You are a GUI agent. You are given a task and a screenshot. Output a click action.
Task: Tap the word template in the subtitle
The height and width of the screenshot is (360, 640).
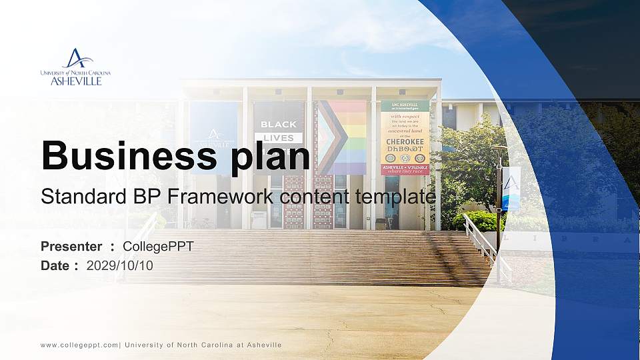click(x=395, y=197)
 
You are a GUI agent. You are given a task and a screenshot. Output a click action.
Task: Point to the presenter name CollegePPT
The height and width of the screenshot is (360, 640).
click(x=158, y=247)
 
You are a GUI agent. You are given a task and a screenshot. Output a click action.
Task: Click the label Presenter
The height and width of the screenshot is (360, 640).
click(x=71, y=247)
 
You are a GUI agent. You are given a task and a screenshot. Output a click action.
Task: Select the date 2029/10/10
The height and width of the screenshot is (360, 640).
click(x=120, y=265)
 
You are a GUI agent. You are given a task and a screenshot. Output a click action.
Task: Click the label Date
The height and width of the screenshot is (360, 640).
click(x=55, y=265)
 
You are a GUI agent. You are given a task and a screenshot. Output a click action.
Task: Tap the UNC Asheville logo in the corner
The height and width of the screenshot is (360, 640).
click(x=75, y=67)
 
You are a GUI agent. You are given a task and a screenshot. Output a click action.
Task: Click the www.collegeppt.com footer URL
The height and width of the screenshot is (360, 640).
click(x=80, y=345)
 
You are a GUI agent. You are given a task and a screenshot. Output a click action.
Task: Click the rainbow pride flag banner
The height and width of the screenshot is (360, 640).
click(x=342, y=137)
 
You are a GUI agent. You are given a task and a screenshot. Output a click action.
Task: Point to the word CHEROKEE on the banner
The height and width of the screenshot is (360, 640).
click(x=405, y=142)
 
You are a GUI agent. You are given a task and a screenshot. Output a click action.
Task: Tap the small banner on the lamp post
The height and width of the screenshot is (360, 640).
click(x=511, y=189)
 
